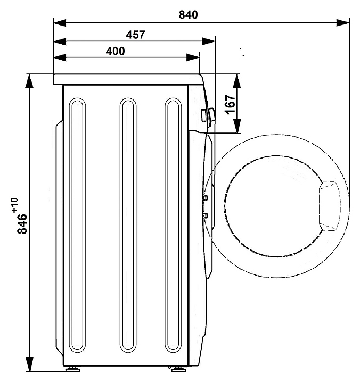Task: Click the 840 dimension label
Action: tap(189, 15)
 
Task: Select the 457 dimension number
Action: tap(135, 35)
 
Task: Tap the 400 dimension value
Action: tap(115, 51)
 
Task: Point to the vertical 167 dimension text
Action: tap(230, 104)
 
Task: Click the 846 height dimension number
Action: tap(22, 223)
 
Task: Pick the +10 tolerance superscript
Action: tap(14, 205)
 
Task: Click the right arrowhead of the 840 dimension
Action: tap(343, 23)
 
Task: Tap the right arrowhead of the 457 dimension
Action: tap(209, 41)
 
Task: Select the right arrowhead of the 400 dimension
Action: tap(193, 57)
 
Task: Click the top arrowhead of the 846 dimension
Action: tap(29, 81)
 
